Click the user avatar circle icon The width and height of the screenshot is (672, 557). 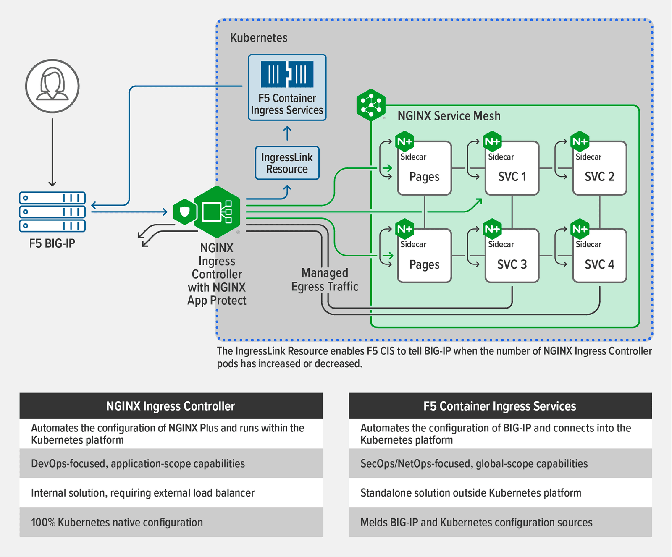[x=52, y=86]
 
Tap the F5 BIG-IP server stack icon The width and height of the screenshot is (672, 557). [x=52, y=212]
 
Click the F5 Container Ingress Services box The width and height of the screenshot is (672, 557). [x=287, y=87]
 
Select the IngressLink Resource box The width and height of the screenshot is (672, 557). [x=287, y=163]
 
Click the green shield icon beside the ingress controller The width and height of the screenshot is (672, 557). [x=184, y=212]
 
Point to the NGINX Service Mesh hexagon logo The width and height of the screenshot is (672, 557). [x=371, y=105]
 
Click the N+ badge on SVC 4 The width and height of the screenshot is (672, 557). [x=580, y=229]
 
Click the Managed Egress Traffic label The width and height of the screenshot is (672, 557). [x=325, y=280]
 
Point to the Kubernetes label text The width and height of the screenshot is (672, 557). [x=259, y=38]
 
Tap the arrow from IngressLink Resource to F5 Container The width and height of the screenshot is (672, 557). [x=287, y=133]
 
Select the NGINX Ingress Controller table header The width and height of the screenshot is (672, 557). [x=171, y=406]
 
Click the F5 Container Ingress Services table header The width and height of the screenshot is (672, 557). [x=500, y=406]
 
